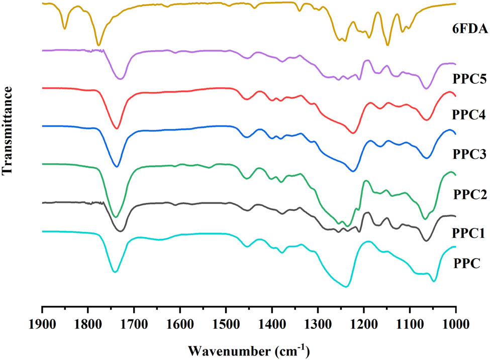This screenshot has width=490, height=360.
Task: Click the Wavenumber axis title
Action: click(x=248, y=348)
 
